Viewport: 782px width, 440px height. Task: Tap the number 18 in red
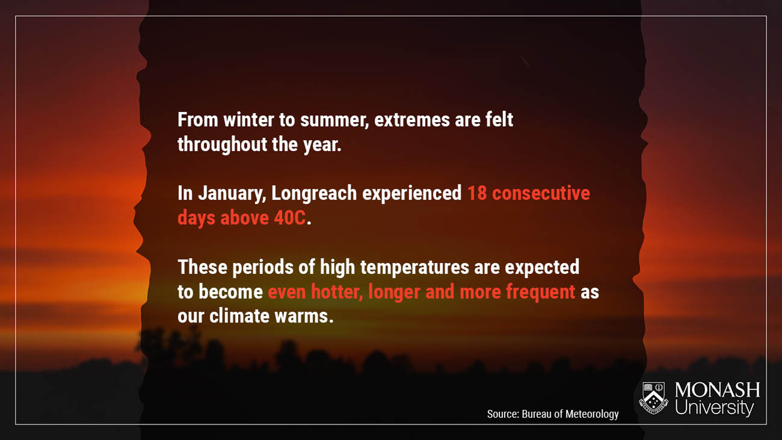tap(477, 193)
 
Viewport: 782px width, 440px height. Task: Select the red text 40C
tap(290, 218)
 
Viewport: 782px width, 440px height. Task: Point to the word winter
tap(249, 120)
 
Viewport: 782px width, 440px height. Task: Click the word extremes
tap(412, 120)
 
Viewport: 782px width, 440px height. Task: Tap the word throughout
tap(222, 145)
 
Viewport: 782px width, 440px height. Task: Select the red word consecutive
tap(541, 193)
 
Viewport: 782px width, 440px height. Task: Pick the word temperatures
tap(414, 268)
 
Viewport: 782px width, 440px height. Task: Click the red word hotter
tap(337, 292)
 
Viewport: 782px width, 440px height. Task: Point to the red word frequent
tap(541, 292)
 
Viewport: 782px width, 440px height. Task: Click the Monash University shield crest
tap(654, 398)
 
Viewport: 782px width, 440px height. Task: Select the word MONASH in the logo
tap(717, 390)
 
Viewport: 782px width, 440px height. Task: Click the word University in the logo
tap(715, 407)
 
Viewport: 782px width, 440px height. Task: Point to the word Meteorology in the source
tap(592, 414)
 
